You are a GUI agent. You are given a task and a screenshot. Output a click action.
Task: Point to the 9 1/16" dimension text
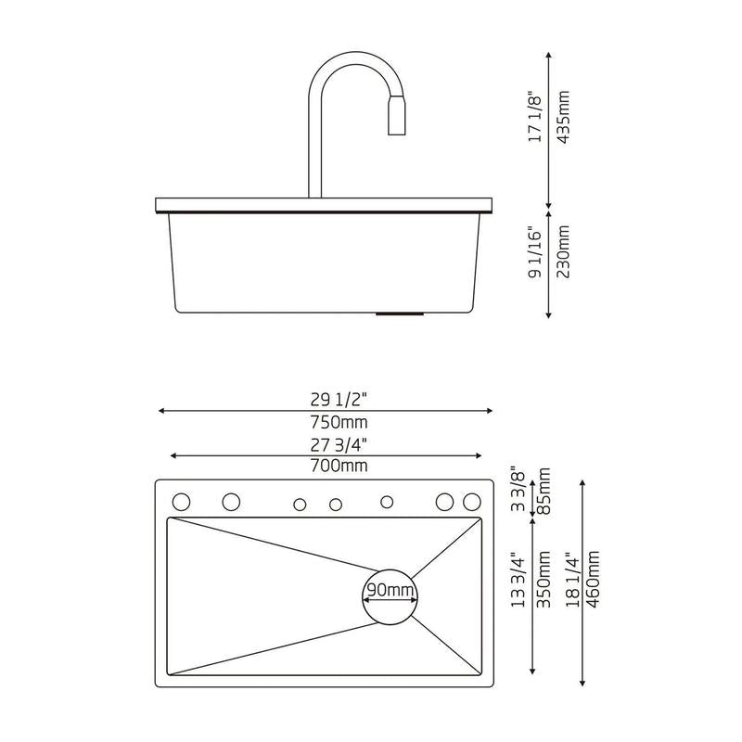point(535,256)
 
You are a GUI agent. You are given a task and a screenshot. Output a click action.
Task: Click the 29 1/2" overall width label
point(340,400)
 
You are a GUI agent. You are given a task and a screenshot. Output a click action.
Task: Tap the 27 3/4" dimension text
point(340,443)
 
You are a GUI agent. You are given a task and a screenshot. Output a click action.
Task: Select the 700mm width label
point(340,465)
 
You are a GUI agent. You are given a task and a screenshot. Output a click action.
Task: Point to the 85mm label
point(544,491)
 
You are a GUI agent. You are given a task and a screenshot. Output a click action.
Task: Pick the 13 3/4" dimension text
point(518,581)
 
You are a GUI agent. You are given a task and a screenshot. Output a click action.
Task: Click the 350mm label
point(544,581)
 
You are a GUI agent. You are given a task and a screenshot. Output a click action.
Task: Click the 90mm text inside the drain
point(389,591)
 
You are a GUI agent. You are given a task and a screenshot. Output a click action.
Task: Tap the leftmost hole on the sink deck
point(182,502)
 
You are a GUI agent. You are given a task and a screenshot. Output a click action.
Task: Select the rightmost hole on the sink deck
point(472,502)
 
